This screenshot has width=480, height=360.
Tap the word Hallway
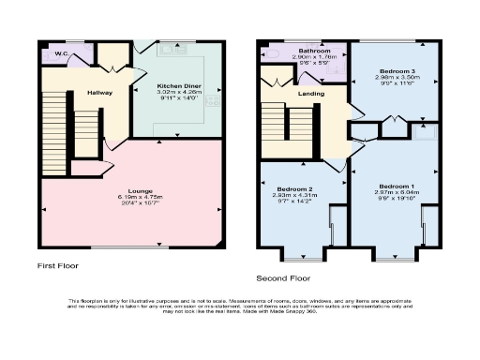pyautogui.click(x=99, y=93)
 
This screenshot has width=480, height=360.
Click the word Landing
pyautogui.click(x=312, y=93)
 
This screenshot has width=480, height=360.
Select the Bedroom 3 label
pyautogui.click(x=397, y=71)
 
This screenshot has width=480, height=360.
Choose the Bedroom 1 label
pyautogui.click(x=397, y=186)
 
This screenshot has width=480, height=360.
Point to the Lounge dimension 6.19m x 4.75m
pyautogui.click(x=127, y=197)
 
